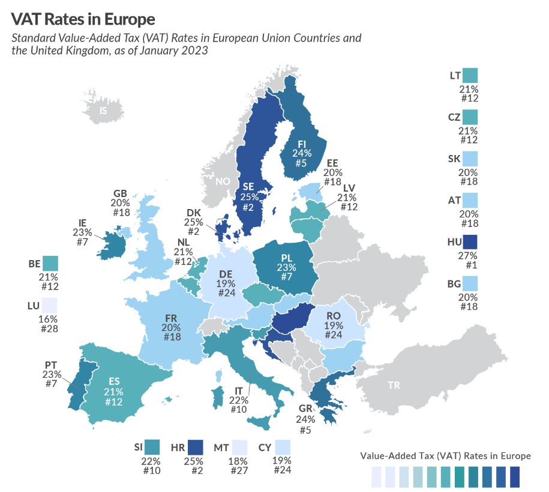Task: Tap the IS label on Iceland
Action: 103,111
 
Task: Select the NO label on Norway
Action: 222,181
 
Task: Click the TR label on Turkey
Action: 394,385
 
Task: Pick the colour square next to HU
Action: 470,241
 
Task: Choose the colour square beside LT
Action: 470,76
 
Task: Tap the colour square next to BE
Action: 50,263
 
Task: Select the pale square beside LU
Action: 50,305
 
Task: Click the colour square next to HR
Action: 195,448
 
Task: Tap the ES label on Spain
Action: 113,381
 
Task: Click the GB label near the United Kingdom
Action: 120,193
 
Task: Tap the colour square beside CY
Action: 284,448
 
